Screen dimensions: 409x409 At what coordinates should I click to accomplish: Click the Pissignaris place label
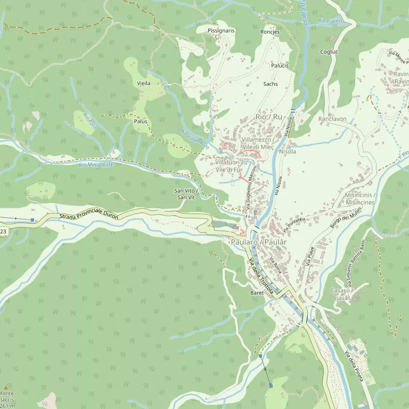click(x=221, y=31)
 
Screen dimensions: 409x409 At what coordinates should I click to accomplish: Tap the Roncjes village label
click(x=270, y=32)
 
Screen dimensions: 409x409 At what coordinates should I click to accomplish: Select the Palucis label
click(x=280, y=66)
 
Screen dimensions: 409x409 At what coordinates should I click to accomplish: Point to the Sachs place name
click(x=271, y=84)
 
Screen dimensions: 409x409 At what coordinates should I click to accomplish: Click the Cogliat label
click(x=329, y=52)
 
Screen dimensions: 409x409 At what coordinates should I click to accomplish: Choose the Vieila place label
click(x=144, y=84)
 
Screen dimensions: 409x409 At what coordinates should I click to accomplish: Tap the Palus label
click(x=141, y=121)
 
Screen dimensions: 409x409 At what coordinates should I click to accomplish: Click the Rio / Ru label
click(x=269, y=117)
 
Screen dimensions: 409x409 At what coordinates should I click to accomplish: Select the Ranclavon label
click(x=332, y=119)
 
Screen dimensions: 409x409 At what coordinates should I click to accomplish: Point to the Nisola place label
click(x=287, y=151)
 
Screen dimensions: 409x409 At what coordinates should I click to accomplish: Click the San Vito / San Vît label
click(x=186, y=194)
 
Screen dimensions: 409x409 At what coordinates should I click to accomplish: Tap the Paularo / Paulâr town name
click(x=259, y=242)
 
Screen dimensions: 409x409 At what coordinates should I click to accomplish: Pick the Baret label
click(x=257, y=293)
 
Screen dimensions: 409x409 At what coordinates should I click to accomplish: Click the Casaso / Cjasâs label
click(x=340, y=294)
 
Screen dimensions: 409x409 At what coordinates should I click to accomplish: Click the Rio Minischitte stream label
click(x=96, y=165)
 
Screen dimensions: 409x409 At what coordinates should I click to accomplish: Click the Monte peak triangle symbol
click(x=6, y=387)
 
